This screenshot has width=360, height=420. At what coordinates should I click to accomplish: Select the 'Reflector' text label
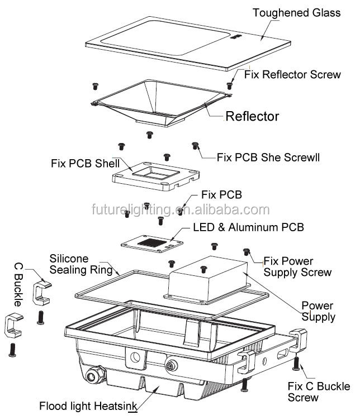click(x=252, y=116)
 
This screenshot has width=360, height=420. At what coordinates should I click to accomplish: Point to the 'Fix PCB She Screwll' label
click(x=268, y=157)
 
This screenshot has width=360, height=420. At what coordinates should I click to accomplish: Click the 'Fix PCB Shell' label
click(x=85, y=164)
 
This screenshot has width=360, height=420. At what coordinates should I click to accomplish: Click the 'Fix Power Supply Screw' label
click(x=297, y=266)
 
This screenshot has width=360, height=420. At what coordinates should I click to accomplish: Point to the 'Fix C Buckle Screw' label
click(x=318, y=392)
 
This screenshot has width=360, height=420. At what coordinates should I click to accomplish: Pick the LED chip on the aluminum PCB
click(x=153, y=243)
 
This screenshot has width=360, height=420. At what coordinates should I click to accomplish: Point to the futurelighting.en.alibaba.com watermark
click(x=180, y=210)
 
